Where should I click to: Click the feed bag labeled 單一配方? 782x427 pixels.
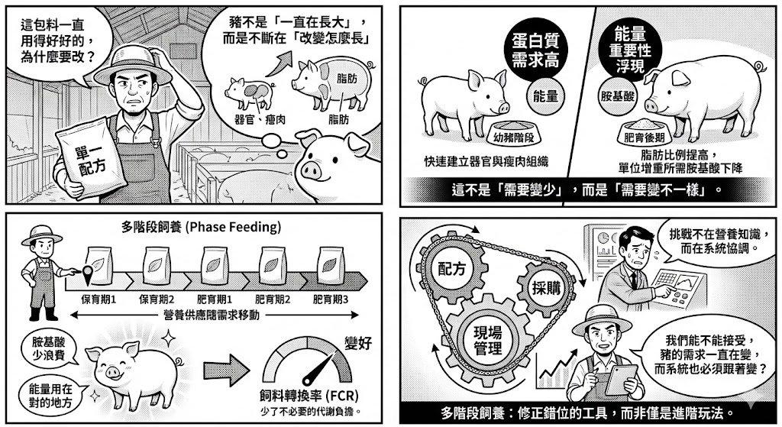pos(89,159)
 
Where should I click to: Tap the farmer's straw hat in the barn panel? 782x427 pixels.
pos(133,64)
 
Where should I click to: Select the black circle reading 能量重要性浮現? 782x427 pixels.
pos(630,50)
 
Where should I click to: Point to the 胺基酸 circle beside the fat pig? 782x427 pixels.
pos(617,95)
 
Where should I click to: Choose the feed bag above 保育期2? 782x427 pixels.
pos(157,265)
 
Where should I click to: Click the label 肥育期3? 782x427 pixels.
pos(331,299)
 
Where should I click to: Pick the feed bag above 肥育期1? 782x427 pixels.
pos(215,265)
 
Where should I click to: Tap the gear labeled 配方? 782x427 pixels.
pos(452,269)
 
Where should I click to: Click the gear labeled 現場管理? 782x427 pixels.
pos(487,341)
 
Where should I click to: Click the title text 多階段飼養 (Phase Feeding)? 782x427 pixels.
pos(201,227)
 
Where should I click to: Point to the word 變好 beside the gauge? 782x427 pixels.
pos(358,343)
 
